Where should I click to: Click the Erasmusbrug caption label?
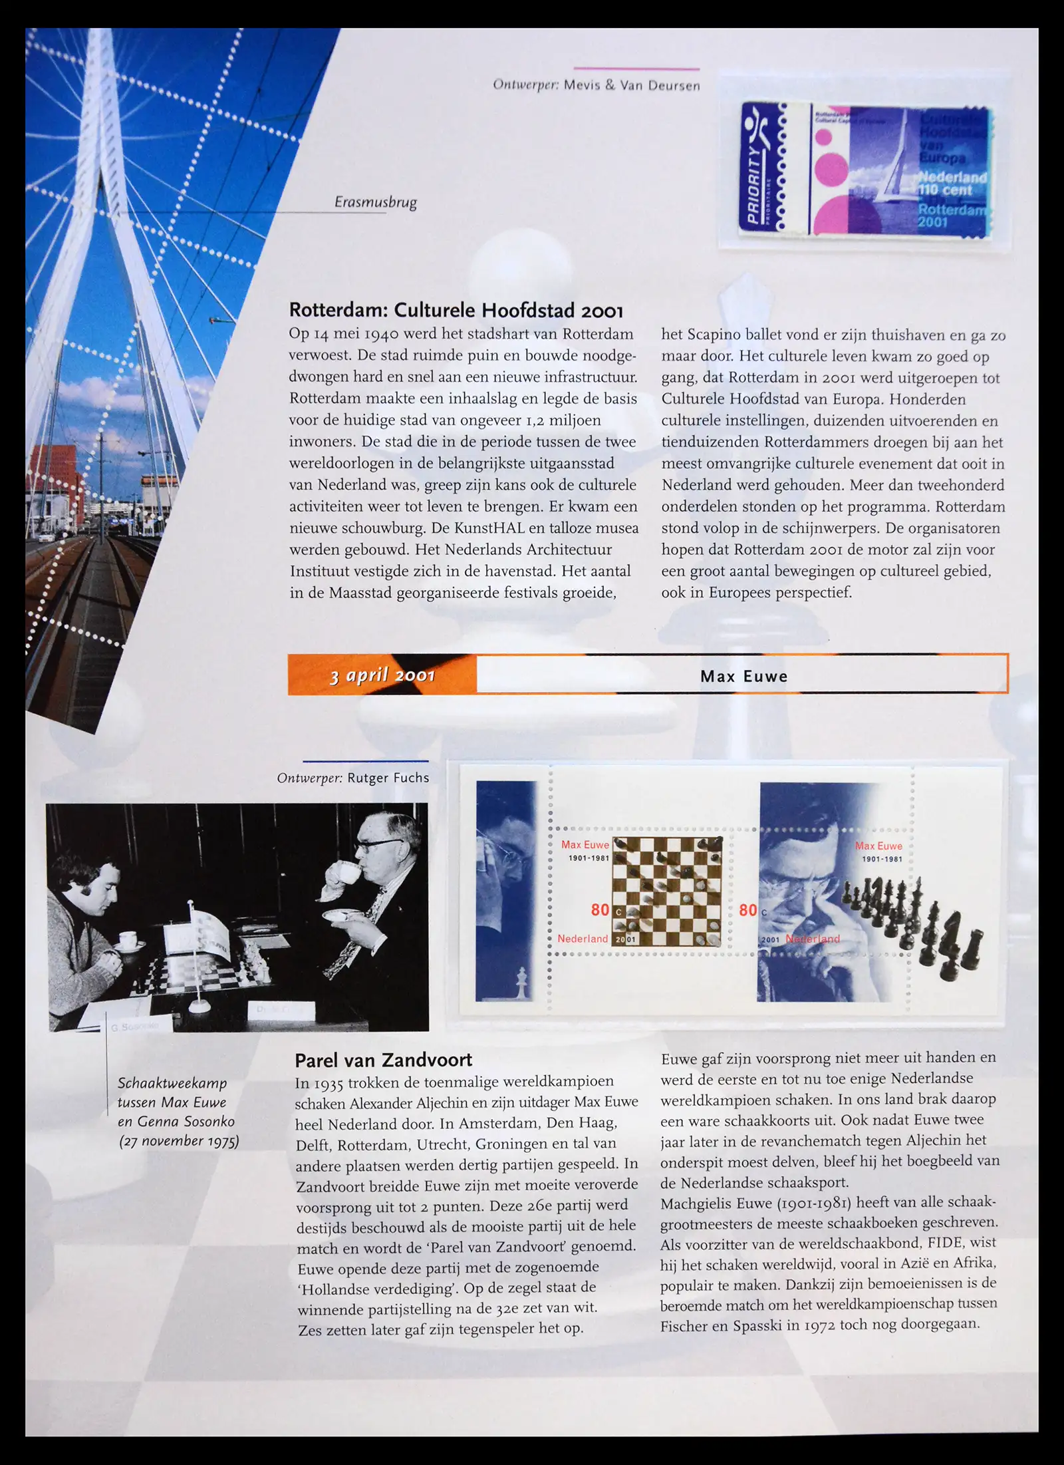tap(375, 202)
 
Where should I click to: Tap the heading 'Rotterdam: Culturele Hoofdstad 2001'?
tap(456, 311)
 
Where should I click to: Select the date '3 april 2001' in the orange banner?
tap(382, 676)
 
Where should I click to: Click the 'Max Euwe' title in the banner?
tap(743, 677)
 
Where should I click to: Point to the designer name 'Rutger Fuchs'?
tap(388, 778)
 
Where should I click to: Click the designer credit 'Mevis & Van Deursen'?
tap(632, 85)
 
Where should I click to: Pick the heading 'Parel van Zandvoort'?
tap(383, 1060)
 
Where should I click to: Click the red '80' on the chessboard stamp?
tap(600, 909)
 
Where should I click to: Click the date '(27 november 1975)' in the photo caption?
tap(179, 1141)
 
